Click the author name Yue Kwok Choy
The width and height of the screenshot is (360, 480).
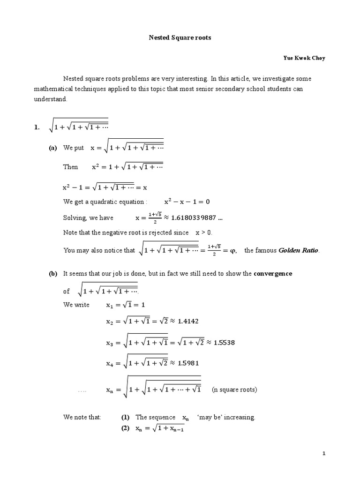[x=303, y=58]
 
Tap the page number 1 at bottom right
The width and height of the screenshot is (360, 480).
[x=323, y=454]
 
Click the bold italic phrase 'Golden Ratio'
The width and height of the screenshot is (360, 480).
[x=299, y=250]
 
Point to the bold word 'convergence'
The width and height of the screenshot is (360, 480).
[x=273, y=274]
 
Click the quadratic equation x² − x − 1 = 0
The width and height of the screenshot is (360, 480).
[x=187, y=202]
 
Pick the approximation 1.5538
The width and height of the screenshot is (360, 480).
[x=224, y=342]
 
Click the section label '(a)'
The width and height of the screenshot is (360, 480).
[x=53, y=148]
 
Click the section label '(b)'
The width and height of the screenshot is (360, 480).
[x=53, y=274]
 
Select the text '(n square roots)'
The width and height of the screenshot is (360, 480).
[x=234, y=390]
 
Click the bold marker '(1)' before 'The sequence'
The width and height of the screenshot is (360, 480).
[x=125, y=417]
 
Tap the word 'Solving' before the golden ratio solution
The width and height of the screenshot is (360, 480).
[x=75, y=218]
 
